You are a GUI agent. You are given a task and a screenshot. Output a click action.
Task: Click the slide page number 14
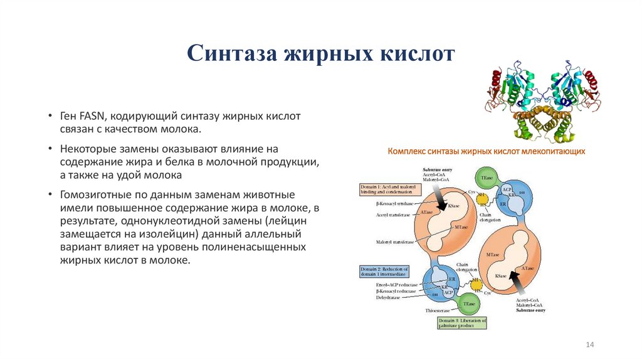(x=589, y=345)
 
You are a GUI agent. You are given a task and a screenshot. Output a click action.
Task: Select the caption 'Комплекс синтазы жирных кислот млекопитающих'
(x=487, y=152)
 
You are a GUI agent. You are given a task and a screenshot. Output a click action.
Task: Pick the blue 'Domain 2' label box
(x=384, y=272)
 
